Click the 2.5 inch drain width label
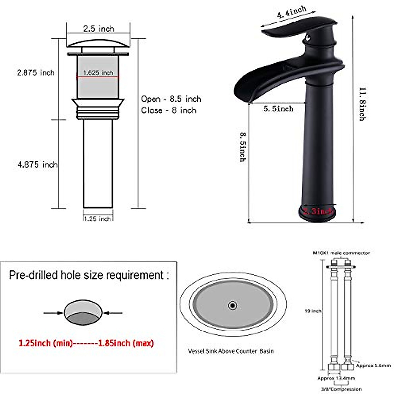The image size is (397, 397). [x=98, y=29]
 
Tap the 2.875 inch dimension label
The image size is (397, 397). [x=36, y=73]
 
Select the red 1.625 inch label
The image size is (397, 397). [x=98, y=73]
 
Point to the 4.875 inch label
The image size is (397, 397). [x=37, y=164]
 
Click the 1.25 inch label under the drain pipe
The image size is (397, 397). [x=97, y=219]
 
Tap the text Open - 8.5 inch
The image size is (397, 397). [x=171, y=99]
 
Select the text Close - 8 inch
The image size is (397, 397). [x=168, y=110]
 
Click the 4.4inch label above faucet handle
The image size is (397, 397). [x=291, y=12]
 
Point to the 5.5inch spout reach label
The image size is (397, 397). [x=278, y=109]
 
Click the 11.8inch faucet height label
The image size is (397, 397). [x=362, y=104]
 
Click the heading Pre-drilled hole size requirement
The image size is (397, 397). [x=89, y=275]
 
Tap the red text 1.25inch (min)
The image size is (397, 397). [x=45, y=343]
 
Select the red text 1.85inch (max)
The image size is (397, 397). [x=126, y=343]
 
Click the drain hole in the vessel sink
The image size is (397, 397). [x=233, y=305]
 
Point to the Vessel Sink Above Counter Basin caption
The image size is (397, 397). [x=231, y=351]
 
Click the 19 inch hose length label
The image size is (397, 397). [x=313, y=311]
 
